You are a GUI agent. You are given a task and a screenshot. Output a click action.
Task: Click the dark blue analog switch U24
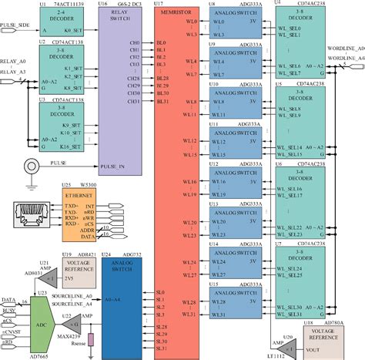point(123,304)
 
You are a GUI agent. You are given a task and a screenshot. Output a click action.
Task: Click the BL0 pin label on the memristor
point(161,42)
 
